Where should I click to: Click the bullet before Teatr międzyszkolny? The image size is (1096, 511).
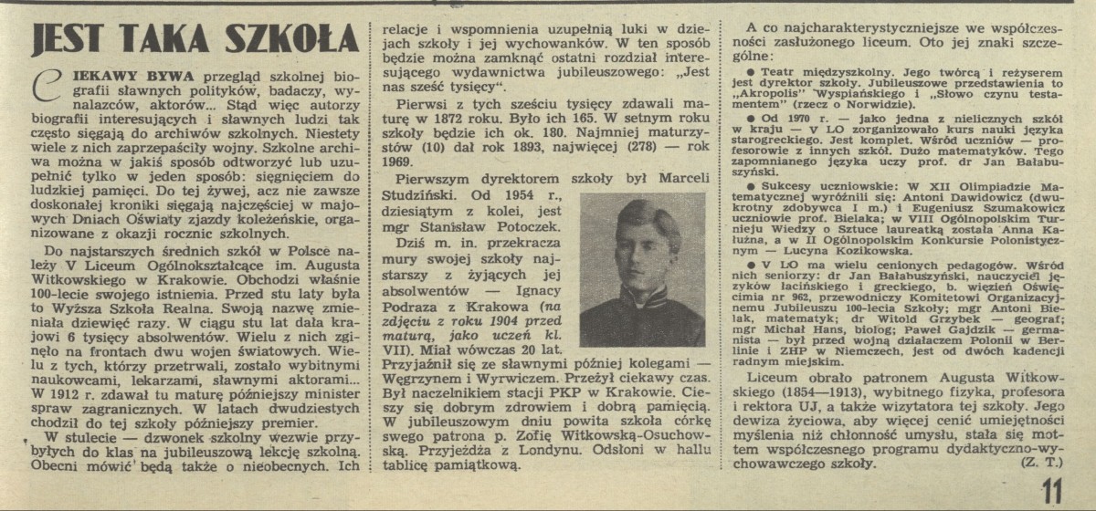(751, 68)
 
